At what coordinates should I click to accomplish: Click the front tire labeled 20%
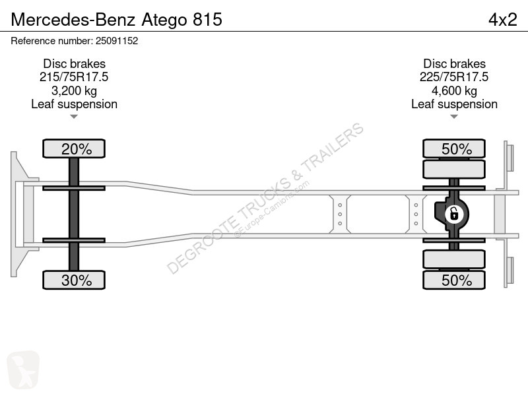74,148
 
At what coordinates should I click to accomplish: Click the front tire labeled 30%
74,280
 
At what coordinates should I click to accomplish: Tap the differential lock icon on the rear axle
454,214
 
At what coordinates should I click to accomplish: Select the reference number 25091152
117,41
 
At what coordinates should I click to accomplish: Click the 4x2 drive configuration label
503,19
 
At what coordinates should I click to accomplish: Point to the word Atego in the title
164,20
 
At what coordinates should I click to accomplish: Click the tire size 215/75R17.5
74,77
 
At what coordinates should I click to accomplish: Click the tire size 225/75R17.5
454,77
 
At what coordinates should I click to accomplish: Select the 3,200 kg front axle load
74,90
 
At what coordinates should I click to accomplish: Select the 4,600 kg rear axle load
454,90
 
